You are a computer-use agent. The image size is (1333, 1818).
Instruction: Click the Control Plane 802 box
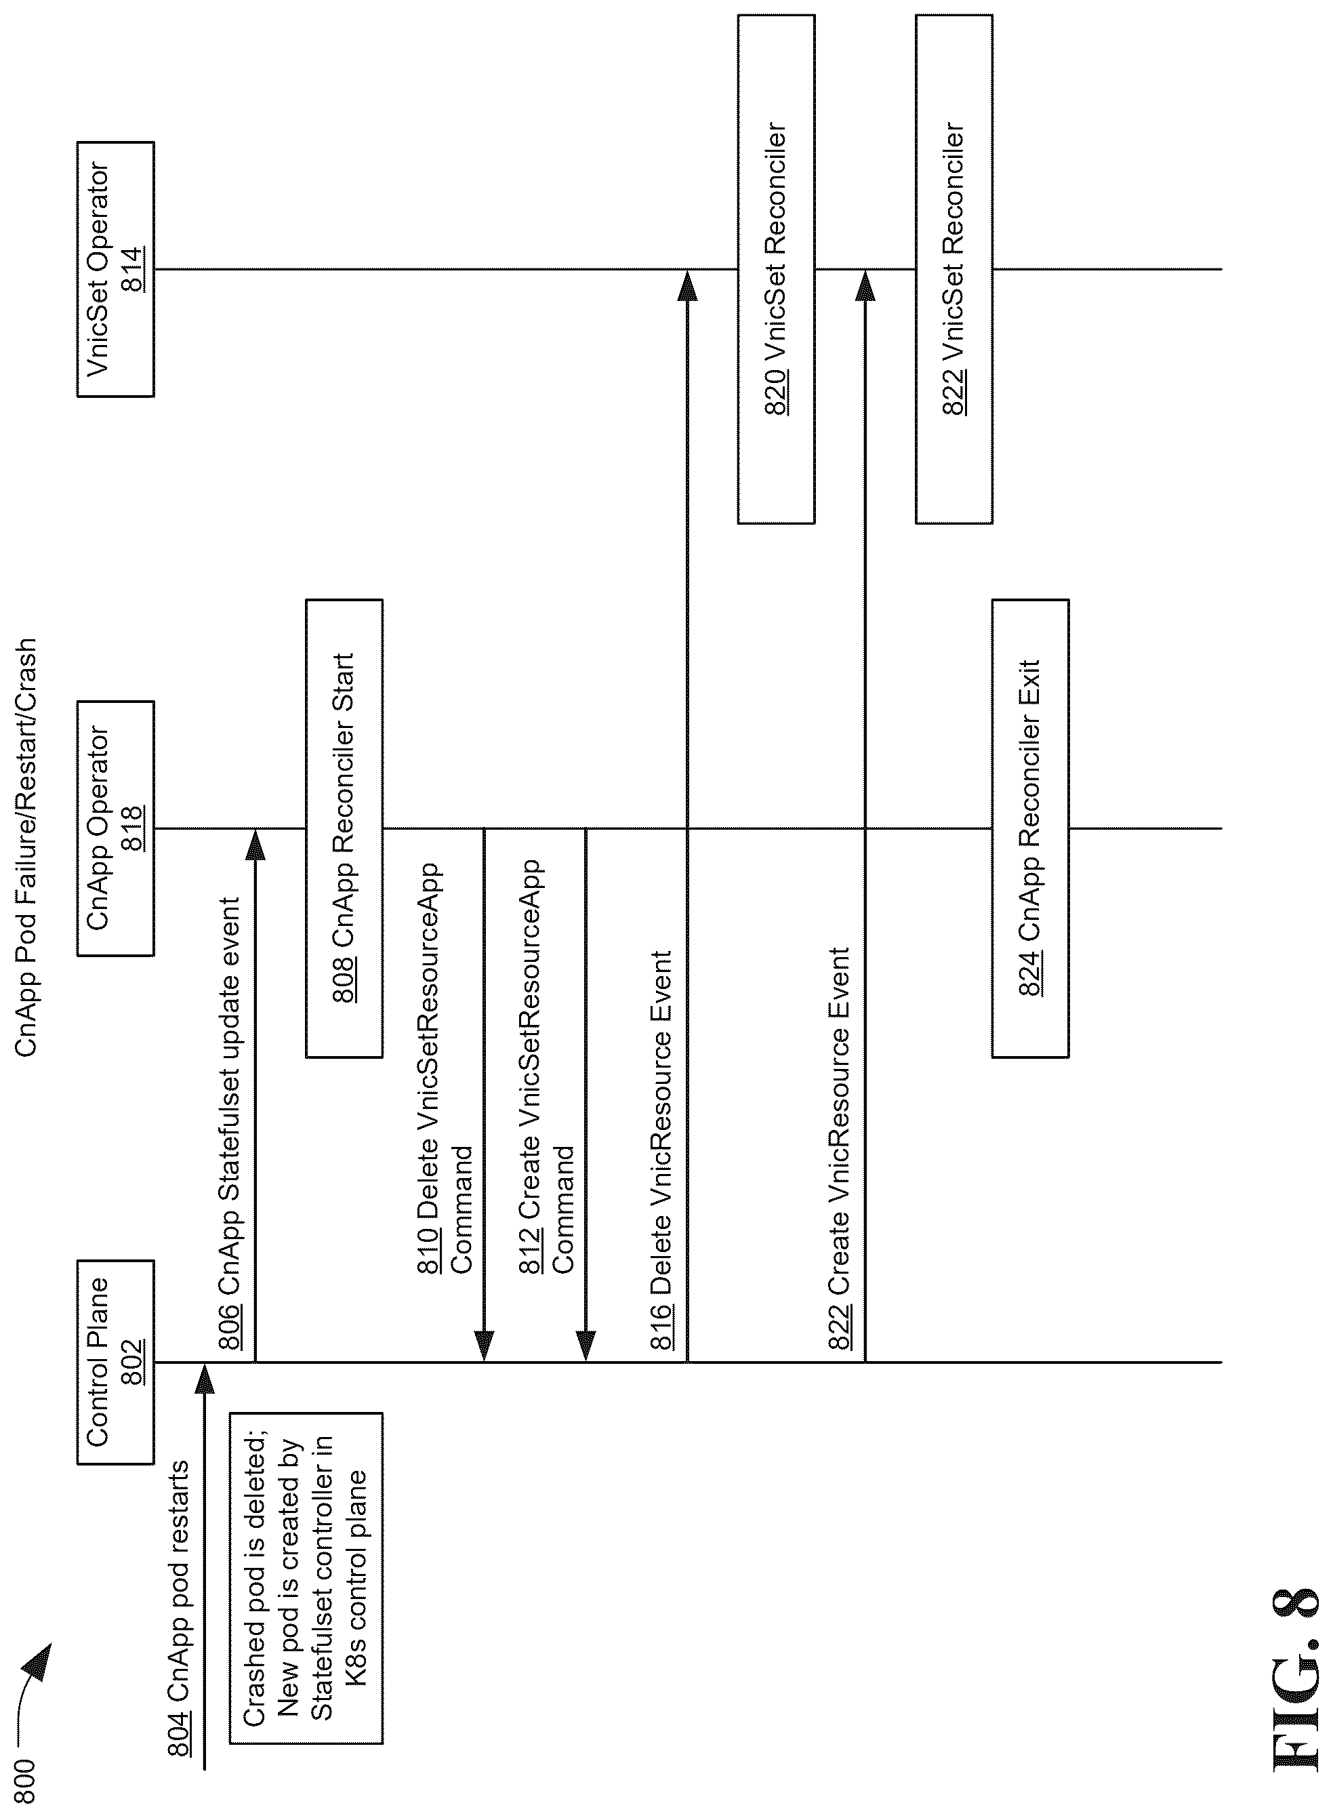coord(115,1361)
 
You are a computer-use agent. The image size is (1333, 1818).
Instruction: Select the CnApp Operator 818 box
coord(115,829)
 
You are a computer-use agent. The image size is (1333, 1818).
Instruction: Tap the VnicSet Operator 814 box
coord(115,270)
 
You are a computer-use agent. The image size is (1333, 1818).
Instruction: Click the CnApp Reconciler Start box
coord(344,829)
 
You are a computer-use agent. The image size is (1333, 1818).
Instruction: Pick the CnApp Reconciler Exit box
coord(1030,829)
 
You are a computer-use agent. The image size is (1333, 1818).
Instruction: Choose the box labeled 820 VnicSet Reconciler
coord(776,270)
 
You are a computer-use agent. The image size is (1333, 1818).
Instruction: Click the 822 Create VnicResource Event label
coord(839,1149)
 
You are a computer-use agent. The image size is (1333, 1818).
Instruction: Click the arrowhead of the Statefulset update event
coord(255,845)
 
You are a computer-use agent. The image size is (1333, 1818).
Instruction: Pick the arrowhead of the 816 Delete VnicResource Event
coord(686,285)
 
